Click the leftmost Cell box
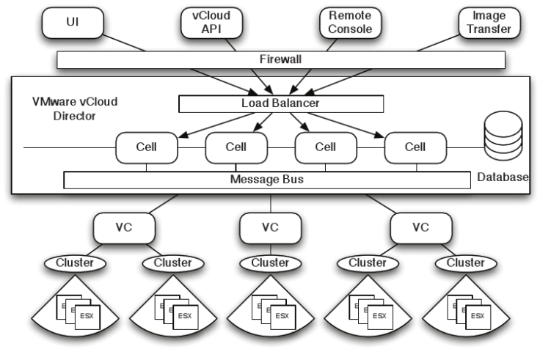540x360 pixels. point(146,147)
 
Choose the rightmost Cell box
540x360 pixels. point(415,147)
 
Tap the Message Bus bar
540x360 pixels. point(266,179)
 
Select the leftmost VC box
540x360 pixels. point(123,228)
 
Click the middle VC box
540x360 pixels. point(271,228)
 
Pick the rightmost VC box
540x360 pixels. point(420,228)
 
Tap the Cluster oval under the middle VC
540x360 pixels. point(271,262)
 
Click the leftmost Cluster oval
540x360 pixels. point(75,262)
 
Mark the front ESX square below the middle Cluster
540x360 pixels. point(282,316)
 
